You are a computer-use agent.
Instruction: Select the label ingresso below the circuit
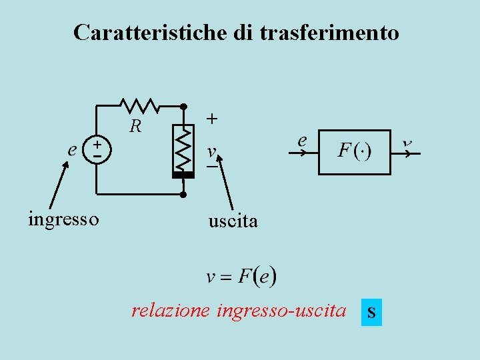[64, 219]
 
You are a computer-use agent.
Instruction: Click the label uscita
[233, 221]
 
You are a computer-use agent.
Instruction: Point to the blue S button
[371, 312]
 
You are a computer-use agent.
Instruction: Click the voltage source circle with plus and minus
[97, 149]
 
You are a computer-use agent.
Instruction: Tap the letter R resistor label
[136, 125]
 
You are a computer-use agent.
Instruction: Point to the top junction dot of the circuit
[183, 105]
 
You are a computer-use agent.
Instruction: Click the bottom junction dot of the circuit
[183, 195]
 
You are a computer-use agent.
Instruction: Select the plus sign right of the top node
[211, 119]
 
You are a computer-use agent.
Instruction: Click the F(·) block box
[355, 152]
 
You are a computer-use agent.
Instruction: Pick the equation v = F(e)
[241, 276]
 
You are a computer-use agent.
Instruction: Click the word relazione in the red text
[169, 311]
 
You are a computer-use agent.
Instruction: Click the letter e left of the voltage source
[72, 149]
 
